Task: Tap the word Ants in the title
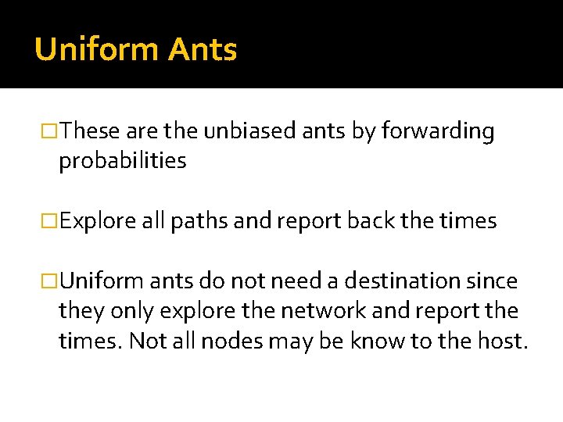[202, 50]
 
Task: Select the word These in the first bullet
[88, 131]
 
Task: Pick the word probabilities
[122, 161]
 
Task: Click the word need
[305, 281]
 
